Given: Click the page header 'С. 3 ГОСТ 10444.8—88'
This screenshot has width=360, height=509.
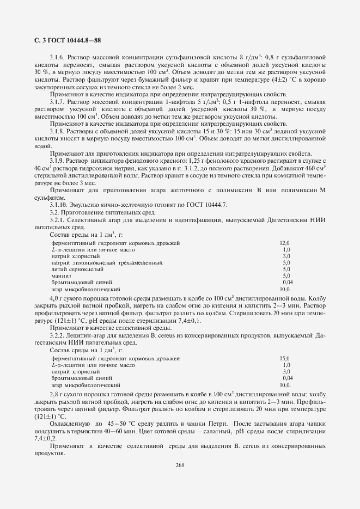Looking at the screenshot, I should tap(64, 40).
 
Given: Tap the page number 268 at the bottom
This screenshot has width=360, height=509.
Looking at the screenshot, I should tap(180, 464).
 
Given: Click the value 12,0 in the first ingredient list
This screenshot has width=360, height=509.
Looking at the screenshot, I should tap(285, 243).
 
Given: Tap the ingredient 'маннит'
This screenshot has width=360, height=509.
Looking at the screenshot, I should tap(61, 276).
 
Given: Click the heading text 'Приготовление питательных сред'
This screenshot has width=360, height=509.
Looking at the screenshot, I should tap(109, 212).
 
